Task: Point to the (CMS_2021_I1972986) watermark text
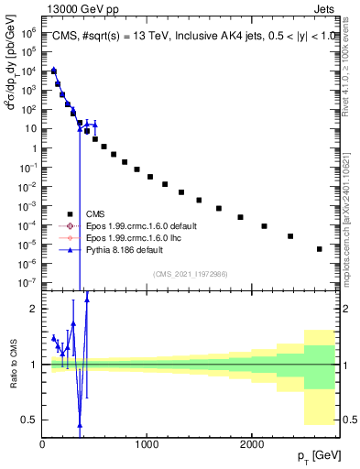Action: [191, 273]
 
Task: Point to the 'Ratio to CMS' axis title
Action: [11, 365]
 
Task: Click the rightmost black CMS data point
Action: [319, 248]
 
